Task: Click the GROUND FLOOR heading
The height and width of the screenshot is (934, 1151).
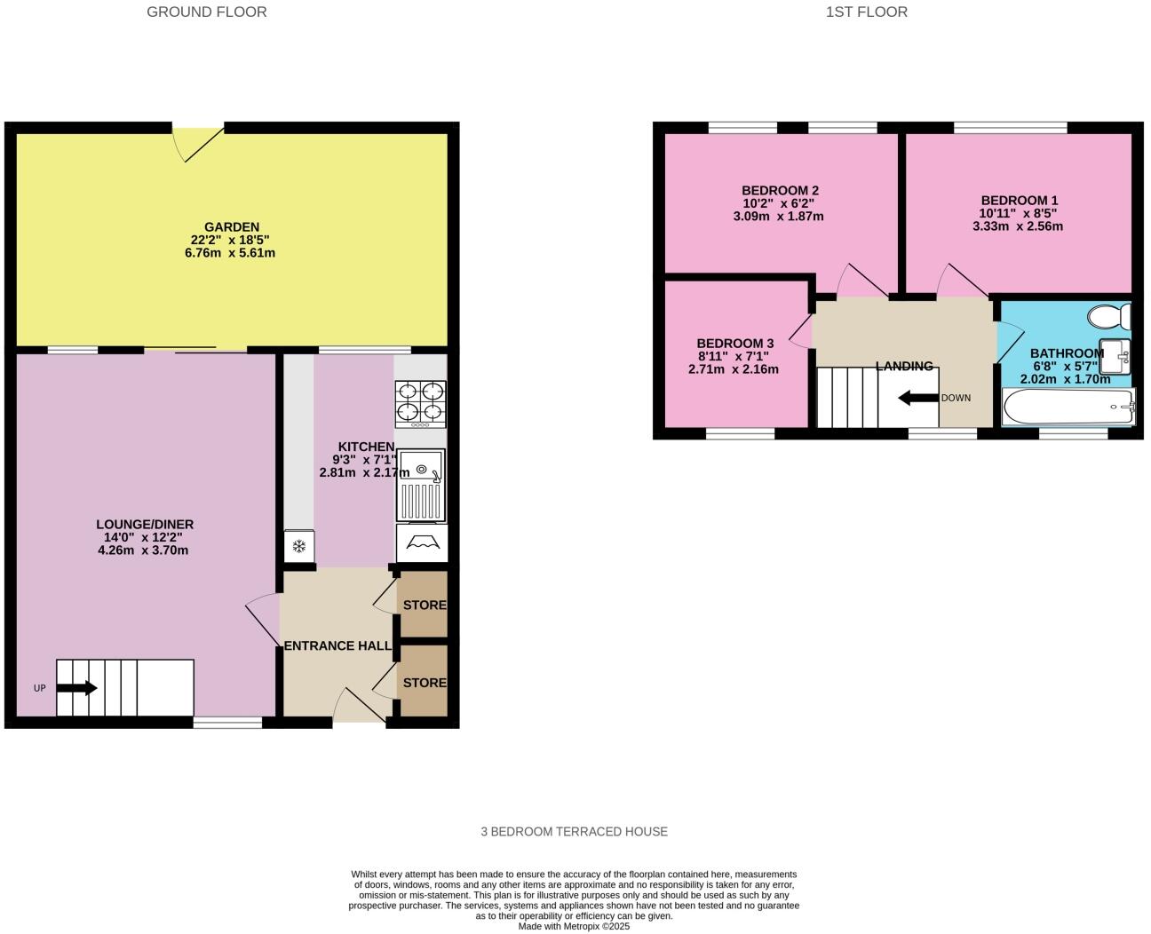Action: [206, 12]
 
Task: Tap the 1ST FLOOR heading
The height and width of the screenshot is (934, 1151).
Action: [866, 12]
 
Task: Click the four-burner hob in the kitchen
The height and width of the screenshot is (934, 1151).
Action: [420, 404]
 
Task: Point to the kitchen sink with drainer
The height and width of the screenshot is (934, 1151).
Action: [421, 485]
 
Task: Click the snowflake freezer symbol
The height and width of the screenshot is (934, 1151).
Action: [299, 546]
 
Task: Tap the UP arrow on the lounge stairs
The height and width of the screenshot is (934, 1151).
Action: [77, 688]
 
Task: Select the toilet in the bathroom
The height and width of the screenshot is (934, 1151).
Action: [1111, 316]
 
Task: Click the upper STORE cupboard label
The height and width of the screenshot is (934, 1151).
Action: [425, 606]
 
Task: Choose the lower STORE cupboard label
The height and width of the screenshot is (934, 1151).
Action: [425, 683]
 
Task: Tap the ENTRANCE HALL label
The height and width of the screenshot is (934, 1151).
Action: [337, 645]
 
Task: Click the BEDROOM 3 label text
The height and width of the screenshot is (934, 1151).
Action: [734, 344]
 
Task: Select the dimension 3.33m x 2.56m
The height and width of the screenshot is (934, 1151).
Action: [1018, 226]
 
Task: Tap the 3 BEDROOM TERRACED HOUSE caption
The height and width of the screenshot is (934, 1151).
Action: [574, 832]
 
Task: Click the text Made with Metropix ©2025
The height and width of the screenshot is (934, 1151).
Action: [574, 926]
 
